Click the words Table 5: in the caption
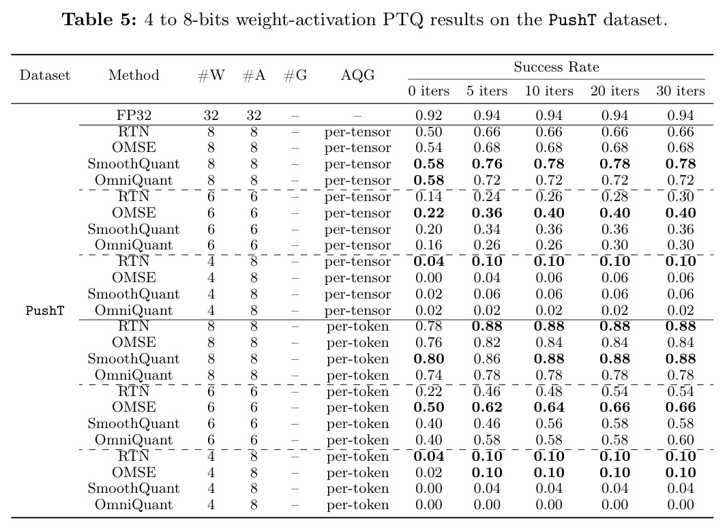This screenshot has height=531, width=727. coord(100,20)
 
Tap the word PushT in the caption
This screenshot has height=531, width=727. coord(572,20)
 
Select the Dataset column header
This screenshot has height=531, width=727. coord(45,75)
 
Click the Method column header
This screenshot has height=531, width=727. coord(134,75)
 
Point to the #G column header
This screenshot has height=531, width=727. coord(295,75)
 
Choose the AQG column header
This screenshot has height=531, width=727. coord(357,75)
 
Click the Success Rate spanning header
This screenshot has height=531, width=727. coord(557,67)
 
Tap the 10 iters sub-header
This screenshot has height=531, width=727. coord(549,91)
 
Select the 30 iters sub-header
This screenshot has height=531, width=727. coord(680,91)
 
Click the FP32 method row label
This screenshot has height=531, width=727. coord(134,115)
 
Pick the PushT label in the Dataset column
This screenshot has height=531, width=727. coord(45,310)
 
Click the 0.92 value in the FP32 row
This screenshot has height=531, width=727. coord(428,115)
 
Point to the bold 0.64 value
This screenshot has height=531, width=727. coord(549,408)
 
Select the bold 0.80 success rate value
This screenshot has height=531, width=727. coord(428,359)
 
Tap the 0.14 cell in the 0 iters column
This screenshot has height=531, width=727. coord(428,196)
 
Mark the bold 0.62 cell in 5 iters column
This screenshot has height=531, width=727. coord(487,408)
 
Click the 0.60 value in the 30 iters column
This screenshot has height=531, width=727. coord(680,440)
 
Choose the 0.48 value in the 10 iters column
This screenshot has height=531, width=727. coord(549,391)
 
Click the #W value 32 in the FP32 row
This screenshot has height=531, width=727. coord(211,115)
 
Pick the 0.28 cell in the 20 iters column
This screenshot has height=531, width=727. coord(614,196)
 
